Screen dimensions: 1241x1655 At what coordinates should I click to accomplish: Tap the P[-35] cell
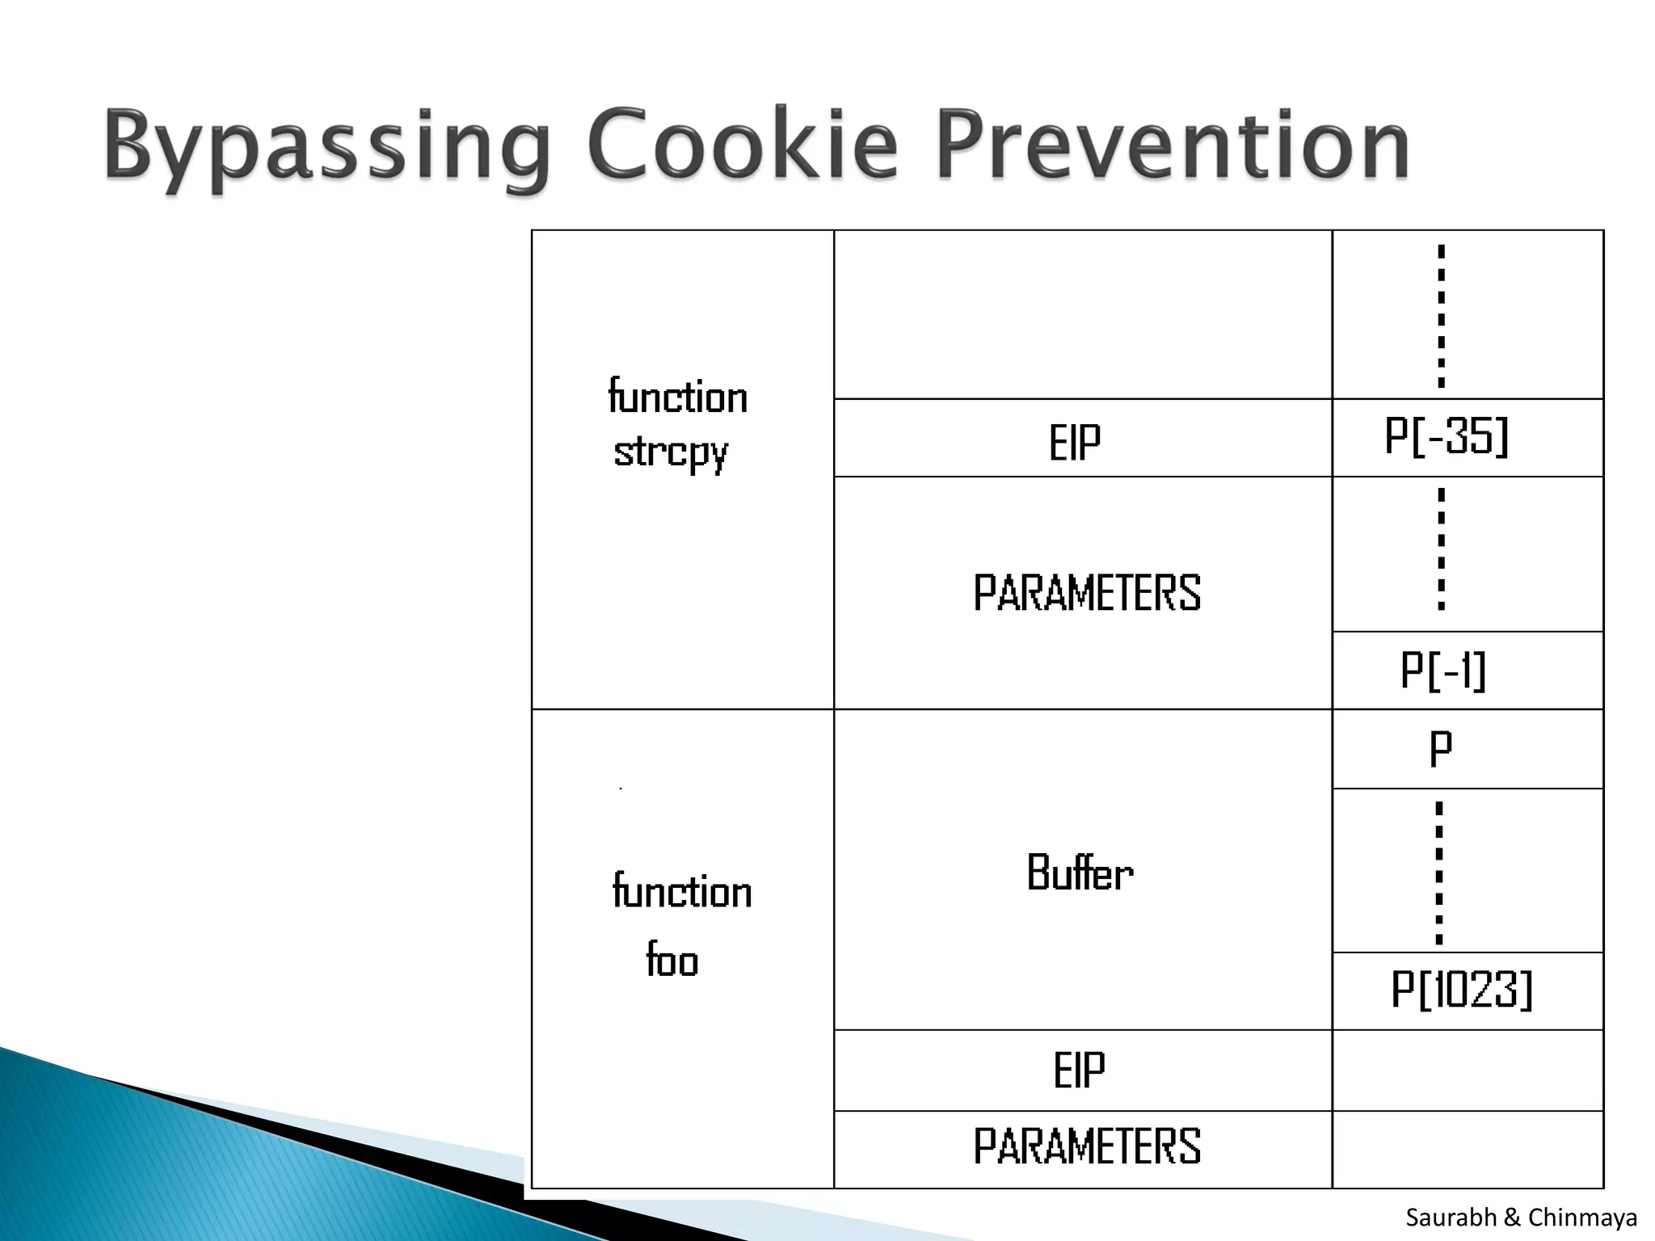(1447, 437)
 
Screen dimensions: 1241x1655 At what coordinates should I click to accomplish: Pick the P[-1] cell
(1443, 671)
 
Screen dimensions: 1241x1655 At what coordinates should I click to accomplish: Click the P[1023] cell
(1461, 990)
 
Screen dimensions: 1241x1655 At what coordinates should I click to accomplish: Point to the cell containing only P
(1441, 748)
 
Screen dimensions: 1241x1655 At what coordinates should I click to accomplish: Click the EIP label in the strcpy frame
(1075, 443)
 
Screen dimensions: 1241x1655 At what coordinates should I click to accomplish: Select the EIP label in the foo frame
(1079, 1071)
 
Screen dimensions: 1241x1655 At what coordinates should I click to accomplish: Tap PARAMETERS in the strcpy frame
(1087, 593)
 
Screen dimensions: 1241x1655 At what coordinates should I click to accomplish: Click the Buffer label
(1080, 873)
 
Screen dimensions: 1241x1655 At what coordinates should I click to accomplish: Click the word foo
(672, 961)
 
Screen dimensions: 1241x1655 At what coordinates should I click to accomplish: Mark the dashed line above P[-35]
(1441, 316)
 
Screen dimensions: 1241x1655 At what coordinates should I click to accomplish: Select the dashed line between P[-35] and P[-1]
(1441, 549)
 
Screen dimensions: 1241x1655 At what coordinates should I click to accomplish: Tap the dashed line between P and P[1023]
(1438, 873)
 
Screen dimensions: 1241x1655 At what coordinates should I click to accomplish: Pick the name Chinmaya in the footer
(1582, 1218)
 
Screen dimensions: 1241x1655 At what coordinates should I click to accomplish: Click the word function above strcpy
(677, 398)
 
